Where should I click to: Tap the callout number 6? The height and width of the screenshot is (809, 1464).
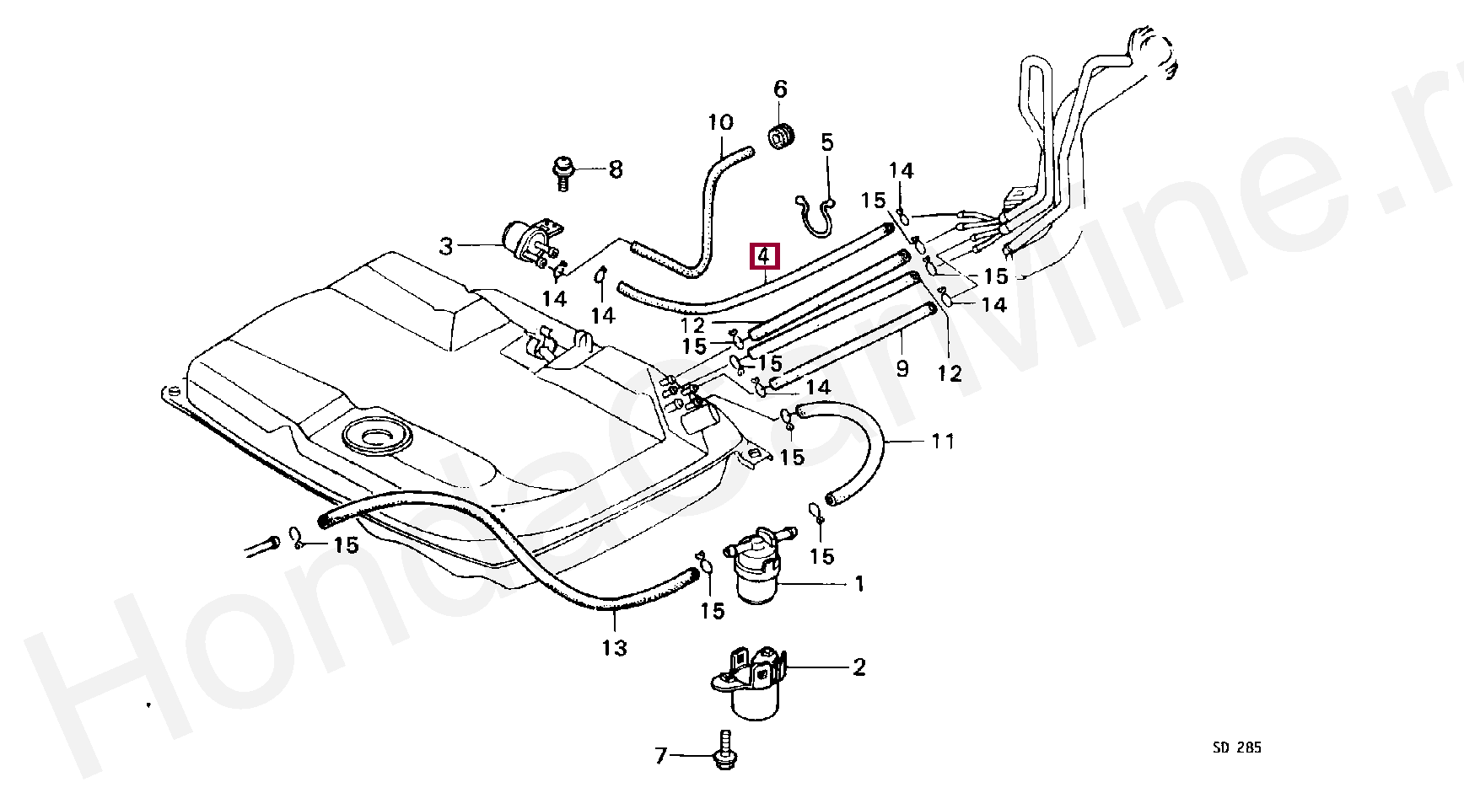point(780,88)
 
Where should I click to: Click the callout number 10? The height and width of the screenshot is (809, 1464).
point(721,123)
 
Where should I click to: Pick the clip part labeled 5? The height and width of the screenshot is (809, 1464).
point(815,215)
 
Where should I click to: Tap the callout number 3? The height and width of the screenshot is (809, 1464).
point(446,247)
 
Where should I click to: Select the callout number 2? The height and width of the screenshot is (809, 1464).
point(858,667)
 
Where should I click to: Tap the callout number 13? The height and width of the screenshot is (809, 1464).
point(615,648)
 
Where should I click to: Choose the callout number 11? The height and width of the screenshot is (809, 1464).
point(943,441)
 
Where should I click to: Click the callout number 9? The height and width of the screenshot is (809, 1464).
point(902,368)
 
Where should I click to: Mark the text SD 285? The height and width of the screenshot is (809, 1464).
point(1237,747)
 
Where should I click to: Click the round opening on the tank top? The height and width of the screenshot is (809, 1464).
point(374,436)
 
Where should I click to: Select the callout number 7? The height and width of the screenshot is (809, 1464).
point(661,756)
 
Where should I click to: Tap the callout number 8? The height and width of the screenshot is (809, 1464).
point(616,169)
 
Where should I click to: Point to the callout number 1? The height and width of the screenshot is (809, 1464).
point(859,584)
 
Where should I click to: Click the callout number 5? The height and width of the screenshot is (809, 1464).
point(826,142)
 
